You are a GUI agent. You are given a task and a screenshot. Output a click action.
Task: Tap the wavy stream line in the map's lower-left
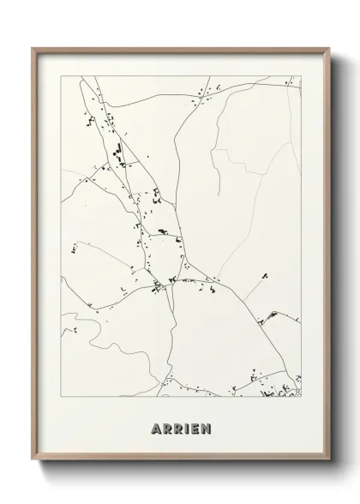(x=103, y=343)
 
